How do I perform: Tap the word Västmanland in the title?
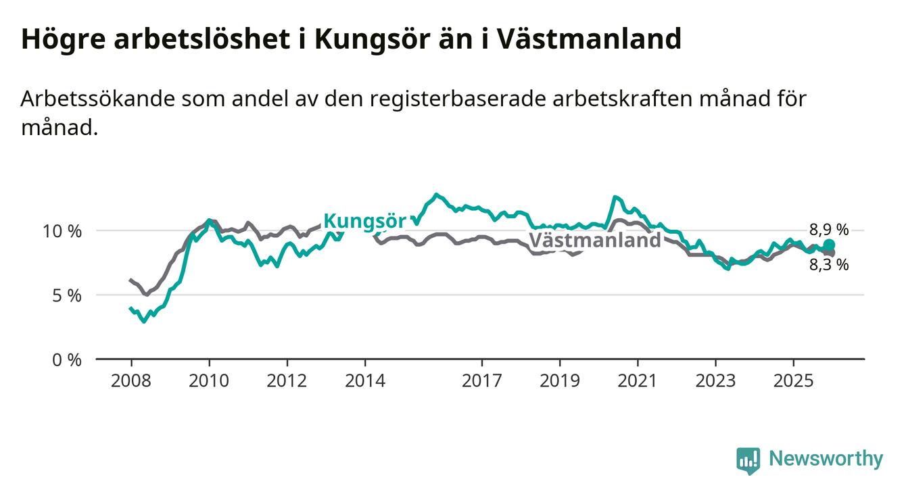pyautogui.click(x=589, y=40)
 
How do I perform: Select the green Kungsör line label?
pyautogui.click(x=364, y=221)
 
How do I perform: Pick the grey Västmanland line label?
pyautogui.click(x=594, y=240)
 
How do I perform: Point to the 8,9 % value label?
pyautogui.click(x=829, y=229)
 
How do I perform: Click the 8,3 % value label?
pyautogui.click(x=829, y=265)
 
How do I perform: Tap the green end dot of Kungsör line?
pyautogui.click(x=829, y=245)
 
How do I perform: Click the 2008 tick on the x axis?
pyautogui.click(x=131, y=380)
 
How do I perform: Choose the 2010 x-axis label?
pyautogui.click(x=209, y=380)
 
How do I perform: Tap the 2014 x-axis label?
pyautogui.click(x=365, y=380)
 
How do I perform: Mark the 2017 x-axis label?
pyautogui.click(x=481, y=380)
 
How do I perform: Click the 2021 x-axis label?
pyautogui.click(x=638, y=380)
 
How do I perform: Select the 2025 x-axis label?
pyautogui.click(x=793, y=380)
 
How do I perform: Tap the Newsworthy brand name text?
pyautogui.click(x=826, y=460)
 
